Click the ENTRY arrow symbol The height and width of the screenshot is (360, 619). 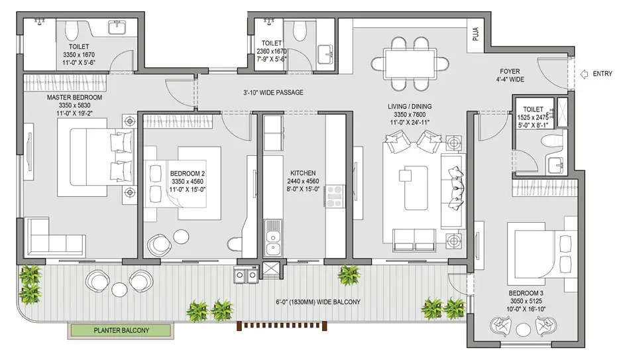coord(584,74)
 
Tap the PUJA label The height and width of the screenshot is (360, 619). coord(476,34)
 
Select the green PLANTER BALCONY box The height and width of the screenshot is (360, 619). coord(121,331)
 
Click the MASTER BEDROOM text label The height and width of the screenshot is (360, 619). coord(75,97)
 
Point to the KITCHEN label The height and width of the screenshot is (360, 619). coord(303,173)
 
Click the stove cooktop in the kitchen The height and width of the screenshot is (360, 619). coord(335,196)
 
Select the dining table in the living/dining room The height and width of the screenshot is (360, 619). coord(410,63)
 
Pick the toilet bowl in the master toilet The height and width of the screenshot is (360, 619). coord(72,30)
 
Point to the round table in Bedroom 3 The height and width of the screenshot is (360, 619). coord(524,330)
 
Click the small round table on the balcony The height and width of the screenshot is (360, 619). coord(119,289)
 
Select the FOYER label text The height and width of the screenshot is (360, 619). coord(510,72)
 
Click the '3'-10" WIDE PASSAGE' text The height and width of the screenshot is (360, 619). coord(273,92)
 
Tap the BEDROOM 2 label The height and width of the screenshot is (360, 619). coord(188,173)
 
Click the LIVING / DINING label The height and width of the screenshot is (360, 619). coord(410,106)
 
